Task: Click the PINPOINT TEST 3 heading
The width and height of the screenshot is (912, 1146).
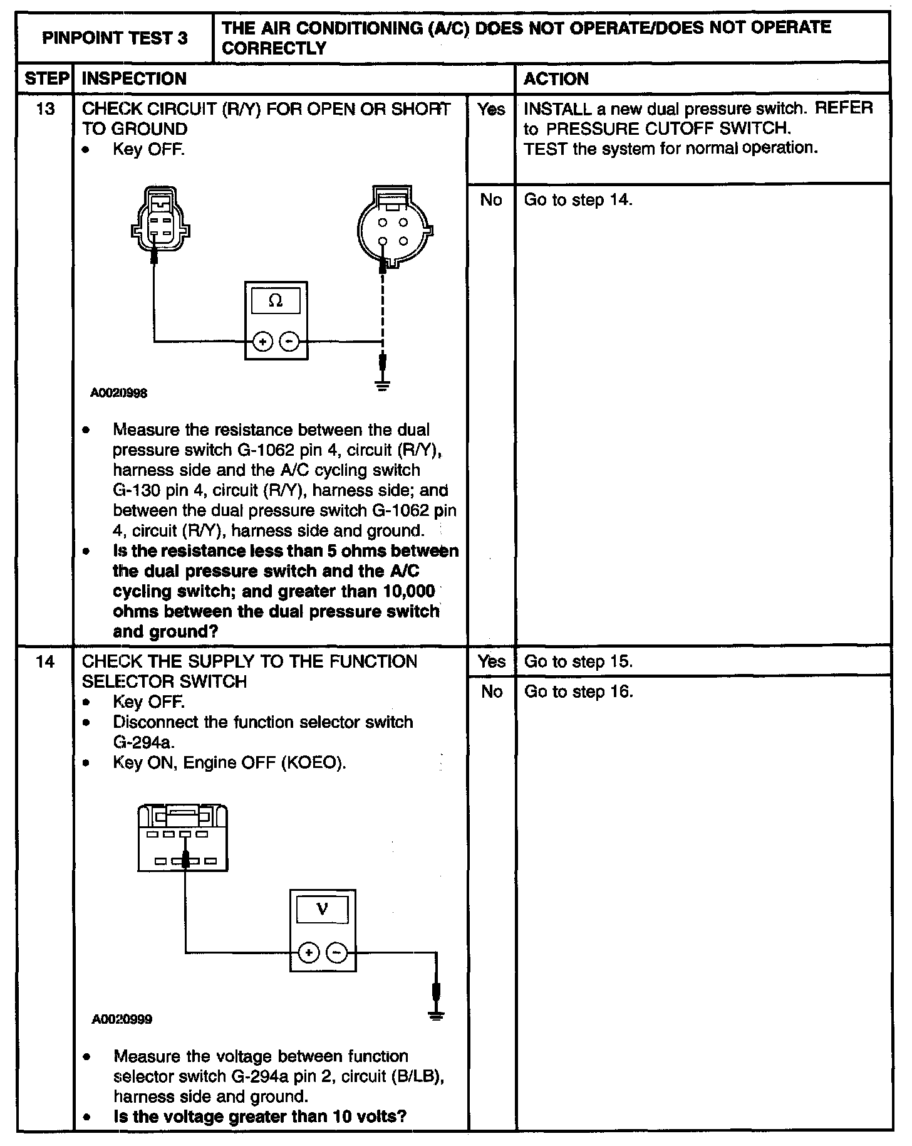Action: point(115,38)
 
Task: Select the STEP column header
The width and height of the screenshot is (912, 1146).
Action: point(46,79)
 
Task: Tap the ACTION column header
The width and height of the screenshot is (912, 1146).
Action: point(556,79)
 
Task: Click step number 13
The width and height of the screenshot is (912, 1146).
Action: point(46,109)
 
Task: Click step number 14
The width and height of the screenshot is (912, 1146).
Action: point(46,661)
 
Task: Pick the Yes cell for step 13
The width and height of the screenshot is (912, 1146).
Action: point(491,110)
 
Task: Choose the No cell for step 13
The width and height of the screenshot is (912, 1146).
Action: point(491,200)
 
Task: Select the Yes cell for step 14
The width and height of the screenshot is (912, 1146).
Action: point(492,661)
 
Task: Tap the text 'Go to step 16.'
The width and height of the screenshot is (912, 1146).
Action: point(578,691)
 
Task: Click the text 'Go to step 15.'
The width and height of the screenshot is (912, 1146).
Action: point(578,661)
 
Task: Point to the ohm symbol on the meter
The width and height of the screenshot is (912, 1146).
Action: point(276,301)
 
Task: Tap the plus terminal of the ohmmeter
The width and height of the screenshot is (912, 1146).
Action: point(263,342)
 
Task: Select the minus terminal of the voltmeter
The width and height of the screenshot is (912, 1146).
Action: point(337,953)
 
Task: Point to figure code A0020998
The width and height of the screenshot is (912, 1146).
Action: point(119,393)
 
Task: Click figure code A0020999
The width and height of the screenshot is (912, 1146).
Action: point(122,1019)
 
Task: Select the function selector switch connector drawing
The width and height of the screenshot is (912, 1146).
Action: point(182,839)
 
